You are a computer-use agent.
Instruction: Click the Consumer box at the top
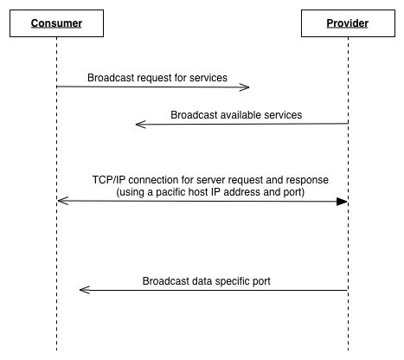tap(56, 23)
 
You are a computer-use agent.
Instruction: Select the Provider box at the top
tap(347, 23)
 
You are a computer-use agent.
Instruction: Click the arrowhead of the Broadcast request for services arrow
tap(247, 87)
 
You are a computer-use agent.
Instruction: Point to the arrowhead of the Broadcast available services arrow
tap(139, 125)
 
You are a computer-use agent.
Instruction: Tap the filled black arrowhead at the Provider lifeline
tap(343, 201)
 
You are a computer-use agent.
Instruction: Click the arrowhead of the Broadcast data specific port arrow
tap(83, 291)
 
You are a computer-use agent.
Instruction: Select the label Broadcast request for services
tap(157, 77)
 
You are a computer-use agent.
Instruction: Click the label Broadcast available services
tap(236, 114)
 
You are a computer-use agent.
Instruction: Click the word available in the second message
tap(239, 114)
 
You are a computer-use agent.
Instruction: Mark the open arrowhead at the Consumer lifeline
tap(61, 201)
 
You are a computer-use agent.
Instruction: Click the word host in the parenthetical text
tap(205, 192)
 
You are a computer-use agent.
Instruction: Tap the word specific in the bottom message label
tap(237, 280)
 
